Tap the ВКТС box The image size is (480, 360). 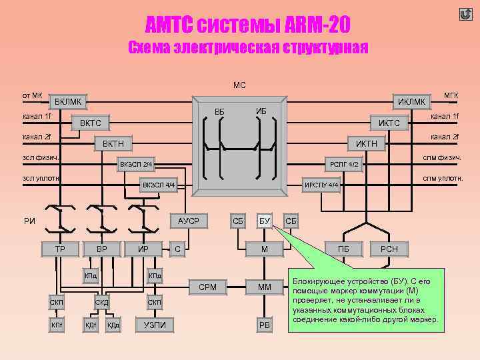pos(90,123)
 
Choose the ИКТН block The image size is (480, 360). pos(366,143)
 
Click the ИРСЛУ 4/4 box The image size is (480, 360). pos(321,185)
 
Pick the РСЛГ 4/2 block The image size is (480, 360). pos(344,164)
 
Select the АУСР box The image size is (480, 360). pos(189,221)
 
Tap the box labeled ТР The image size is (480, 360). pos(59,249)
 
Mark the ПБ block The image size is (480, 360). pos(343,249)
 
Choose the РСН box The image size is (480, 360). pos(389,249)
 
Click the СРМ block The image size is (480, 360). pos(207,287)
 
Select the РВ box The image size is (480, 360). pos(264,325)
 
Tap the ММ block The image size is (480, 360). pos(264,287)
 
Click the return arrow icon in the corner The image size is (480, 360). pos(465,14)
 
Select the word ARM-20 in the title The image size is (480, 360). pos(313,26)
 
